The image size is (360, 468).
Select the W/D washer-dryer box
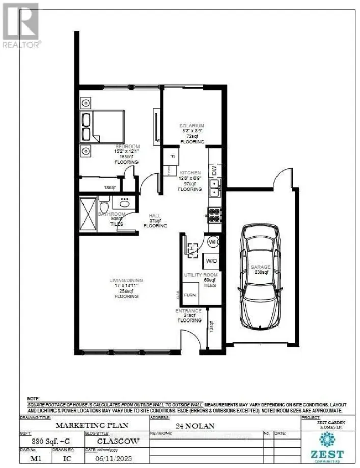tap(211, 261)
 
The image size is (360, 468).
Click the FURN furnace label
tap(190, 295)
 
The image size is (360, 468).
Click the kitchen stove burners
tap(213, 216)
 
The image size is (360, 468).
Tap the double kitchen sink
tap(215, 188)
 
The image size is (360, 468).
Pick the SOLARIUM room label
tap(192, 125)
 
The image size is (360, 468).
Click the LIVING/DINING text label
tap(126, 280)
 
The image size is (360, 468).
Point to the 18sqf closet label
tap(108, 187)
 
